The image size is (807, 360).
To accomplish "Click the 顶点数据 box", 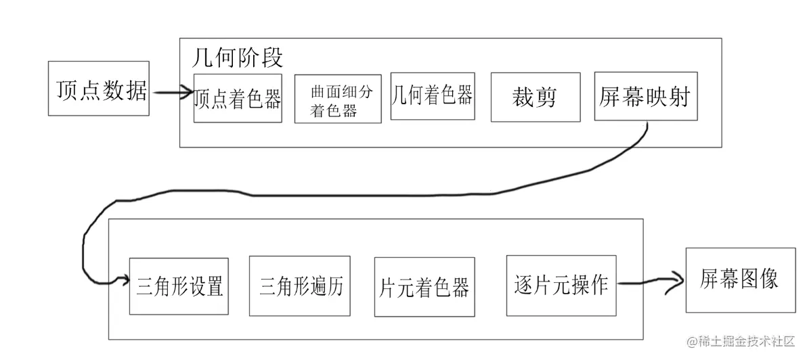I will (x=99, y=88).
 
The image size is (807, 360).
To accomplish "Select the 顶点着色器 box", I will (x=238, y=98).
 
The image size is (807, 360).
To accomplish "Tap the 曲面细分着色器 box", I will (x=338, y=99).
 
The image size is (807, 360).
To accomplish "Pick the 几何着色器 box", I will (x=432, y=96).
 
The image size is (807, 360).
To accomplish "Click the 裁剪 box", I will (x=535, y=97).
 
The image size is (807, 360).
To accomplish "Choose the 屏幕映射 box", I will (x=645, y=96).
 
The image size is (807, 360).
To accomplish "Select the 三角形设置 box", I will (x=179, y=286).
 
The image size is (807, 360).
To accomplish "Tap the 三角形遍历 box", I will (x=300, y=286).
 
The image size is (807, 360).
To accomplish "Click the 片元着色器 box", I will (x=424, y=286).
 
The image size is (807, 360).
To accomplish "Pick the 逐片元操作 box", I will (x=561, y=285).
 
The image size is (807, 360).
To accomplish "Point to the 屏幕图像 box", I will (x=740, y=279).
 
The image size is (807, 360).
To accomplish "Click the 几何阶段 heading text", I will (x=238, y=57).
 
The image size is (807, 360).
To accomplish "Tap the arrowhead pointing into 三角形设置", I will (x=123, y=279).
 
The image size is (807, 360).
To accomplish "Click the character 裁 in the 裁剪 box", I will (x=524, y=97).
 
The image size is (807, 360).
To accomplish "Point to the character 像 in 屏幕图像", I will (x=768, y=279).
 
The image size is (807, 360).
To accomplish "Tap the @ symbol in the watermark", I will (x=693, y=342).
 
